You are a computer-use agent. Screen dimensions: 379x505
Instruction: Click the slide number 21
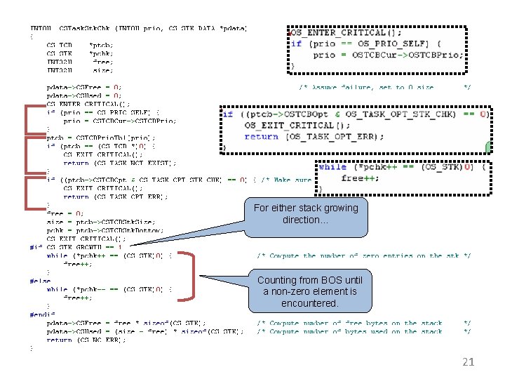pos(469,362)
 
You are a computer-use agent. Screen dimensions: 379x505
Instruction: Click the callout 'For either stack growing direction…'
pos(305,213)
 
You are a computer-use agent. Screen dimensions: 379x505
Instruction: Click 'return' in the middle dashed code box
pos(261,136)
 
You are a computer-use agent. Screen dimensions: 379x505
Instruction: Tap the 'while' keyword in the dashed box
pos(332,167)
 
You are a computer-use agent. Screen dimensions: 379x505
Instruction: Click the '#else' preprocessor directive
pos(40,281)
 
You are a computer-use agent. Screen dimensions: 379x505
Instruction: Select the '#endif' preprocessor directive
pos(41,314)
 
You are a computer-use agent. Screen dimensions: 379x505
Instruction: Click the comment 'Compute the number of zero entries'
pos(363,255)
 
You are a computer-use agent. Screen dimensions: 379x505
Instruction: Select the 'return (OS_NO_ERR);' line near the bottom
pos(85,340)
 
